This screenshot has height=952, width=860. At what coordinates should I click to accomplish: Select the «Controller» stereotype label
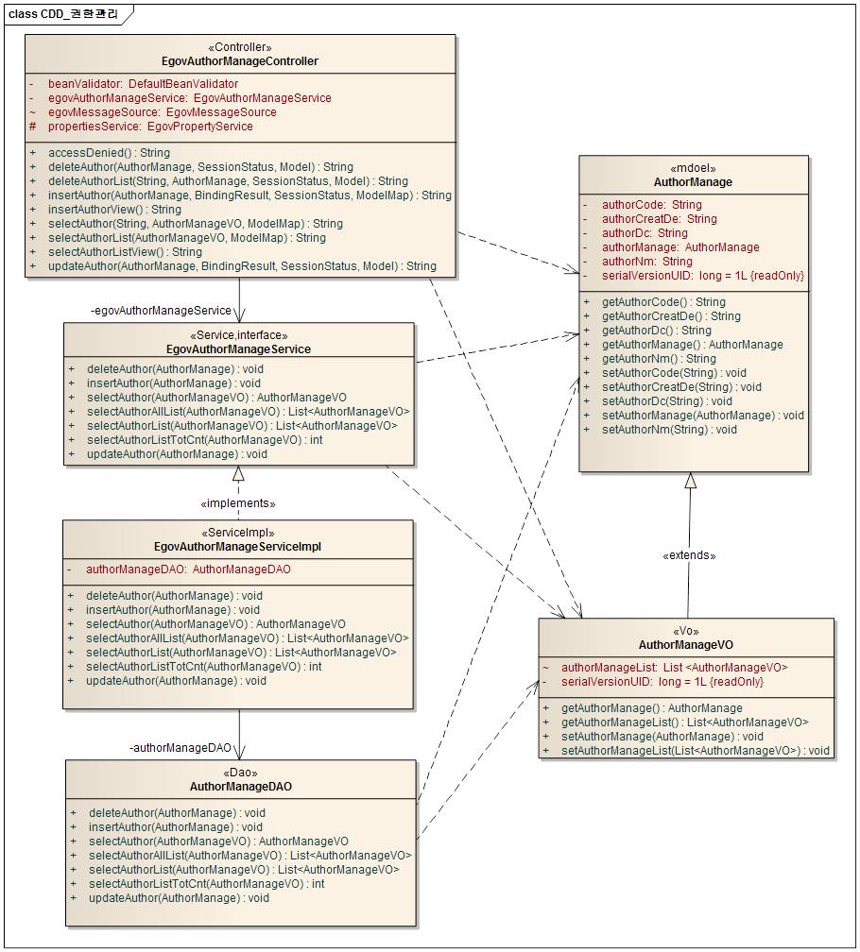(240, 47)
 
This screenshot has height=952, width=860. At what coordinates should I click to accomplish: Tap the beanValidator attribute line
(143, 84)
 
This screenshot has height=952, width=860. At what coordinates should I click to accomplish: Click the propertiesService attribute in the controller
(150, 127)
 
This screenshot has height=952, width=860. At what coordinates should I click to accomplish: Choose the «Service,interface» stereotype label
(239, 335)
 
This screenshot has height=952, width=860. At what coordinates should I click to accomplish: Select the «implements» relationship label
(239, 503)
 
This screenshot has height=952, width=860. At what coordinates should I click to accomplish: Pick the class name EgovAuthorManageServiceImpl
(238, 547)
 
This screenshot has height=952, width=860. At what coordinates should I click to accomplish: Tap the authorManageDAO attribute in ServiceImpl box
(188, 569)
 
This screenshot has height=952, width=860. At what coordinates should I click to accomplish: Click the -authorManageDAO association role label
(181, 748)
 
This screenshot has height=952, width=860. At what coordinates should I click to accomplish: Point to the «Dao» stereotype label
(240, 773)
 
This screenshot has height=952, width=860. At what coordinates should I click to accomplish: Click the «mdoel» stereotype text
(693, 168)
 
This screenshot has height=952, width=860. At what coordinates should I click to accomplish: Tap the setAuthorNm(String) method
(669, 430)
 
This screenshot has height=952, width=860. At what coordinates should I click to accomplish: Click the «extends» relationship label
(689, 555)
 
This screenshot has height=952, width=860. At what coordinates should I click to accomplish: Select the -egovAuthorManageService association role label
(161, 311)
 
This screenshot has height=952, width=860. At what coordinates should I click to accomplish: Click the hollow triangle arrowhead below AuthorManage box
(691, 481)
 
